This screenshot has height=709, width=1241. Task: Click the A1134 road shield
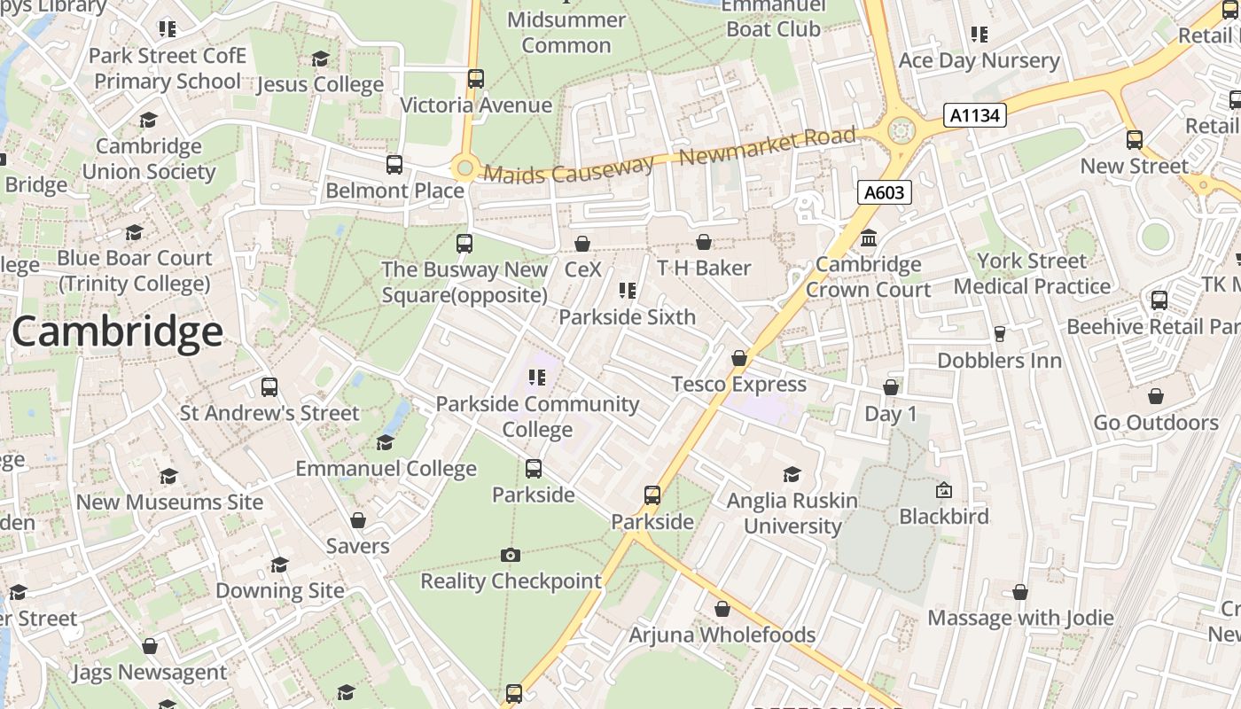[974, 115]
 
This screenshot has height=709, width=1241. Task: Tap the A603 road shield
[885, 192]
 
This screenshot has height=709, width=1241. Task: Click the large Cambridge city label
[117, 332]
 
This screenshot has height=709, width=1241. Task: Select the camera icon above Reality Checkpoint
[510, 555]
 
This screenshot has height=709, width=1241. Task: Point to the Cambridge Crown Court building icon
[869, 238]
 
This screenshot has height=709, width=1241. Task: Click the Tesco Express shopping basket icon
[739, 358]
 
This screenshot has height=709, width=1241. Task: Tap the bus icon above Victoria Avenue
[476, 78]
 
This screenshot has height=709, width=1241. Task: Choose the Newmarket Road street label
[767, 147]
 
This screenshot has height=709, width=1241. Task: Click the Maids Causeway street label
[568, 169]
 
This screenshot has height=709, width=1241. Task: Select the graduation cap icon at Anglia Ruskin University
[792, 475]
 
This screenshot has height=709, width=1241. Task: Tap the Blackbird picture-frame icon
[944, 490]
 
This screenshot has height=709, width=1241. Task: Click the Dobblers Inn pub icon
[1000, 334]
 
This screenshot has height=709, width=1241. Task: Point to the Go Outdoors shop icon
[1156, 396]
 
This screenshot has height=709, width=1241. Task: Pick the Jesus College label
[320, 85]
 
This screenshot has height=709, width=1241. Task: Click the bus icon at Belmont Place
[394, 164]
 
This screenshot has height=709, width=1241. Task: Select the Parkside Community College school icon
[536, 378]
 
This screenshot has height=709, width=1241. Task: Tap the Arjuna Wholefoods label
[722, 635]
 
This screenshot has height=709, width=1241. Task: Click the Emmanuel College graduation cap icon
[386, 442]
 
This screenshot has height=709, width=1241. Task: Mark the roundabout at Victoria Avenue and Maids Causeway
[464, 167]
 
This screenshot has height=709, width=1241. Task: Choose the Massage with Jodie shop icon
[1020, 591]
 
